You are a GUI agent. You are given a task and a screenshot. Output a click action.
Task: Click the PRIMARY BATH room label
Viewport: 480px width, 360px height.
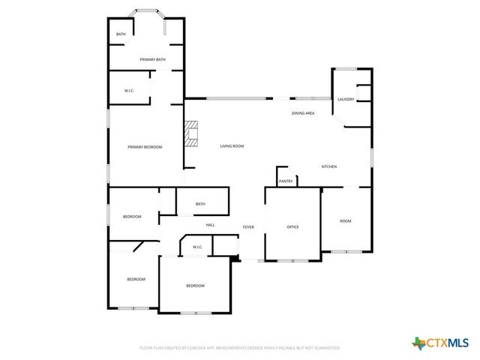(152, 59)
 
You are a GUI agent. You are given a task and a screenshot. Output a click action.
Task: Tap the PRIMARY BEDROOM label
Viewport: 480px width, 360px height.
(145, 147)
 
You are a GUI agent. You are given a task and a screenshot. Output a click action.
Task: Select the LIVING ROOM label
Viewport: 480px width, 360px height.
(232, 145)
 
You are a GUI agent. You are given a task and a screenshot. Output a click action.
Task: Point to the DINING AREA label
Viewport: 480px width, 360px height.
(303, 113)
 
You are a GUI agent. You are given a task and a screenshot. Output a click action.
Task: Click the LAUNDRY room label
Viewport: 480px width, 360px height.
(346, 99)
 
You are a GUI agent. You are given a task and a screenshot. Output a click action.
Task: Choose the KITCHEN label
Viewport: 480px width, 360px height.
(329, 166)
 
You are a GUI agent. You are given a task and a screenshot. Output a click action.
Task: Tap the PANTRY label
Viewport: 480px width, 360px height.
(286, 181)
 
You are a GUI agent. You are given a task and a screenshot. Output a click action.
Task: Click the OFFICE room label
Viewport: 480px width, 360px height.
(293, 226)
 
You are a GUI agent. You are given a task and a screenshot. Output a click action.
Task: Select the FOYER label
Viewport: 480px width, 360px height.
(248, 226)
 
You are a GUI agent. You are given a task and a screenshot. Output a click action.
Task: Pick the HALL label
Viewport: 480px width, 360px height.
(211, 224)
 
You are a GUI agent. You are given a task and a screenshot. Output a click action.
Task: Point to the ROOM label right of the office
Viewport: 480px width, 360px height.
(346, 220)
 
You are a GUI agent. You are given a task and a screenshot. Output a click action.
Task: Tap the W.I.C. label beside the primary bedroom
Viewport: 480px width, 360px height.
(129, 91)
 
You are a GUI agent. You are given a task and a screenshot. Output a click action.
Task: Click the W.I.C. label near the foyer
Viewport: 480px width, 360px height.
(197, 247)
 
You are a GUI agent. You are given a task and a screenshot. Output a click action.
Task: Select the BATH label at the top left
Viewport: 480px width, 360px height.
(121, 34)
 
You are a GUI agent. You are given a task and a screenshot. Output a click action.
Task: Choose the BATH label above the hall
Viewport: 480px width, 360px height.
(200, 204)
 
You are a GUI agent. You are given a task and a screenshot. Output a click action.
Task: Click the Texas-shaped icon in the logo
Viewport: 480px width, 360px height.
(418, 343)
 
